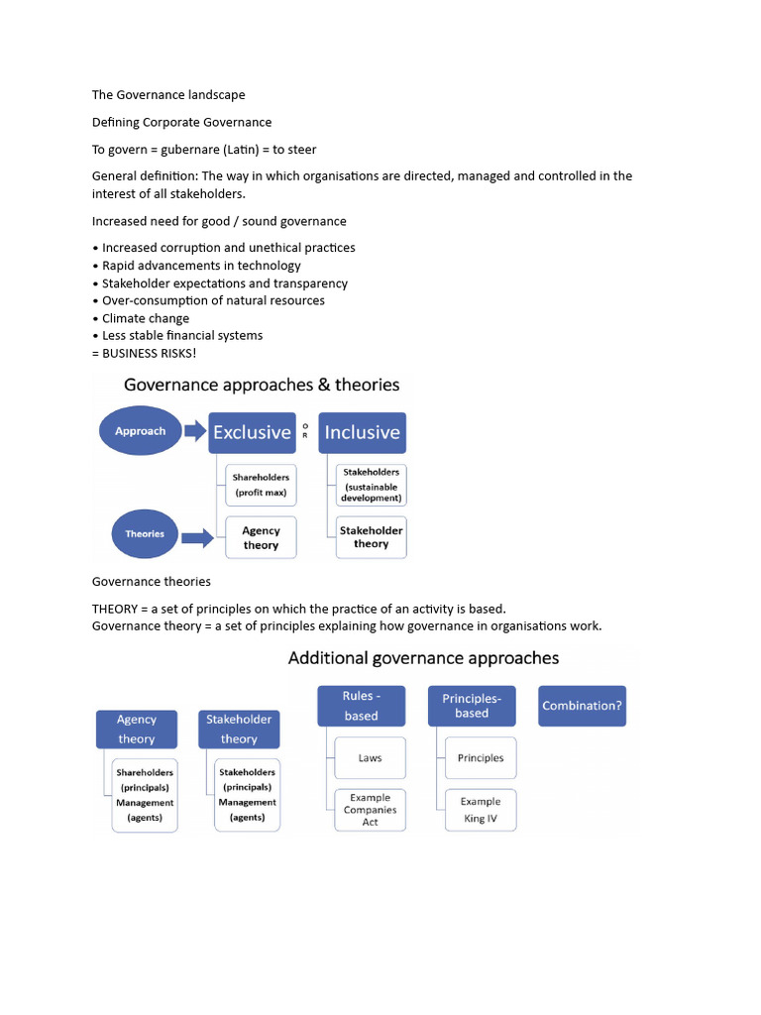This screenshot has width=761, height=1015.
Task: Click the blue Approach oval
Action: click(140, 431)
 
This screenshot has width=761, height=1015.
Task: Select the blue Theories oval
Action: click(145, 533)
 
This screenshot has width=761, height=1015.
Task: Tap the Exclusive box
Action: click(252, 432)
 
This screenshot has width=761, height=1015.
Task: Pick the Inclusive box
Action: click(362, 432)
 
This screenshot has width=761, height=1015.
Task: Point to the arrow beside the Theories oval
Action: click(196, 538)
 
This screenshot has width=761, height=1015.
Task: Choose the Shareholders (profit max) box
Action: click(261, 485)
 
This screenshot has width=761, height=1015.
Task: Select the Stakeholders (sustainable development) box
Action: click(373, 485)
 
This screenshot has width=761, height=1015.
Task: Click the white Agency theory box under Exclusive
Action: click(261, 537)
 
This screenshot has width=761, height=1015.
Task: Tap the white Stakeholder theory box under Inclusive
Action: click(372, 536)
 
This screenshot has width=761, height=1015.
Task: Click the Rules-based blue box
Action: click(361, 705)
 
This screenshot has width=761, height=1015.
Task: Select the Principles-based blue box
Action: click(472, 705)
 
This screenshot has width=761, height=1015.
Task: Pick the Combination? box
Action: click(582, 706)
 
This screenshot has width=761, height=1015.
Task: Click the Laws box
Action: click(370, 758)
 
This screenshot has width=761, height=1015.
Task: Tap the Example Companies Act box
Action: click(370, 810)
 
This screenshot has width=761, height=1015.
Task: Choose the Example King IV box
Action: click(481, 810)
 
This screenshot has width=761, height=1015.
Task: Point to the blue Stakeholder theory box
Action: click(239, 729)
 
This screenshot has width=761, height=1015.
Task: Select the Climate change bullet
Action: click(146, 318)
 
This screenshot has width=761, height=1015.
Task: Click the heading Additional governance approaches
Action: click(423, 658)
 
